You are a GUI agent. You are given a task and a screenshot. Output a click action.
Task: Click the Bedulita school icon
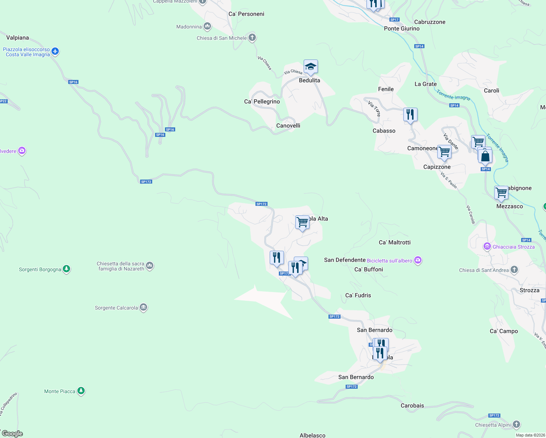click(x=311, y=67)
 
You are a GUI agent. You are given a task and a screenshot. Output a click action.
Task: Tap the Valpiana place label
click(x=18, y=38)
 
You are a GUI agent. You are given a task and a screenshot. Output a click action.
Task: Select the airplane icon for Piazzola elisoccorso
click(x=55, y=51)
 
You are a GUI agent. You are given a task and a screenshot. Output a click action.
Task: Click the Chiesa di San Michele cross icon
click(x=252, y=38)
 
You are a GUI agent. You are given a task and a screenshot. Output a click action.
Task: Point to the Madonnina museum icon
click(x=207, y=26)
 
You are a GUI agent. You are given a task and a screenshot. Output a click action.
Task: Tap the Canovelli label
click(x=288, y=126)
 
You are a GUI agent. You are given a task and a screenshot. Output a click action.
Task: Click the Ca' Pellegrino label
click(x=262, y=101)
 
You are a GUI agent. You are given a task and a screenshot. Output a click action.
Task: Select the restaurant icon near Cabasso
click(x=410, y=115)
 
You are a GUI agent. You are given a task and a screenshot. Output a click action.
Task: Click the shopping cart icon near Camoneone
click(x=444, y=151)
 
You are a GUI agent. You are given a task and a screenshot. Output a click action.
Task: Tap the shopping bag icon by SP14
click(x=485, y=156)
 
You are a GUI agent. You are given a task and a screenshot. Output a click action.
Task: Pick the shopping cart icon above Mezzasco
click(x=501, y=192)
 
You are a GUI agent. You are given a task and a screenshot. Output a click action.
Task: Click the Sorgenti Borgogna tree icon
click(x=66, y=269)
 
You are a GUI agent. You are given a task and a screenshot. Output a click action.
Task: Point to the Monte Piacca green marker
click(x=81, y=391)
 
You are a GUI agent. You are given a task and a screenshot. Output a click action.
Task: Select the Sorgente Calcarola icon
click(x=143, y=308)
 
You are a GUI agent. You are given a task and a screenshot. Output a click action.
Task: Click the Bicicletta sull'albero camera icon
click(x=418, y=260)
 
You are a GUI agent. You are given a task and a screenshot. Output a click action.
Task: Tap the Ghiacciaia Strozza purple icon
click(x=487, y=247)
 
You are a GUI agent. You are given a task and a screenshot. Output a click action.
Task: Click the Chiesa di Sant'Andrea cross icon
click(x=514, y=270)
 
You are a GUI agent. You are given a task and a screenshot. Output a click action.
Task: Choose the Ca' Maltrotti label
click(x=395, y=242)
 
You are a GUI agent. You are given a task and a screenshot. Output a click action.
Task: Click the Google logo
click(x=12, y=434)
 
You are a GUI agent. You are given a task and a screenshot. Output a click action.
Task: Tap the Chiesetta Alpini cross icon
click(x=516, y=424)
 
